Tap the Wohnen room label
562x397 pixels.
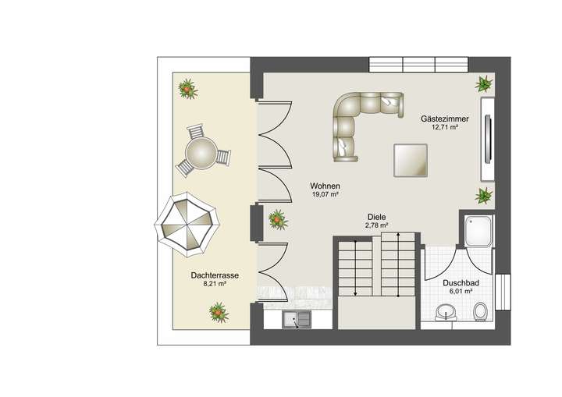(x=325, y=185)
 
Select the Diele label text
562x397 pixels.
(x=377, y=218)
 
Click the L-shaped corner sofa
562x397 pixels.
(x=360, y=120)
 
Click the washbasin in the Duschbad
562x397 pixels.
(x=446, y=313)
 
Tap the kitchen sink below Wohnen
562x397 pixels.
(x=297, y=318)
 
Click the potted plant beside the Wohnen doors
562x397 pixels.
(x=278, y=220)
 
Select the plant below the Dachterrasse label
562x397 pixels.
(x=219, y=313)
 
